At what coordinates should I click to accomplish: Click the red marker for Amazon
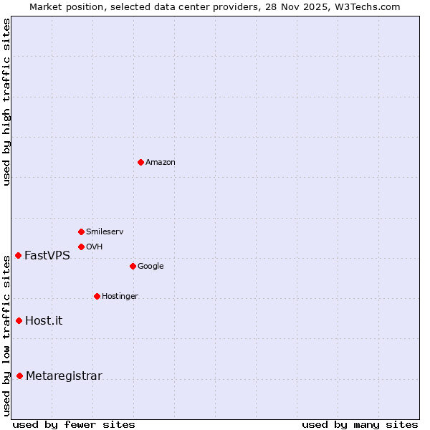click(x=140, y=162)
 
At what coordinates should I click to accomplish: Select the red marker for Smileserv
click(x=81, y=231)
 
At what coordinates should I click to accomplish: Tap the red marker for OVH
click(x=81, y=247)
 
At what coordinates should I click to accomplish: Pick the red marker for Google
click(x=133, y=266)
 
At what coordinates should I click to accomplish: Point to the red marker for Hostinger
click(x=97, y=296)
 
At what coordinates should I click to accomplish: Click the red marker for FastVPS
click(x=18, y=255)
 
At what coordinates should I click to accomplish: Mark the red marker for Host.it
click(x=19, y=320)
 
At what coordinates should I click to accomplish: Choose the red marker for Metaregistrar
click(x=19, y=376)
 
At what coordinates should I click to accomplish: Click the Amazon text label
click(x=161, y=162)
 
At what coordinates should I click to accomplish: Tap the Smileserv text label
click(x=105, y=231)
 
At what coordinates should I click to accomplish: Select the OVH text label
click(x=95, y=247)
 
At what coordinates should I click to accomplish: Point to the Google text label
click(x=150, y=266)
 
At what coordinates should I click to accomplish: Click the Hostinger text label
click(x=120, y=296)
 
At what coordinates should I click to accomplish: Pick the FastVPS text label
click(x=47, y=255)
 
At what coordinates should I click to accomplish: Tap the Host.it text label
click(x=44, y=320)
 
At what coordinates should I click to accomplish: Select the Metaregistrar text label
click(x=64, y=376)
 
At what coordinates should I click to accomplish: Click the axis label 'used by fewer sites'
click(x=74, y=424)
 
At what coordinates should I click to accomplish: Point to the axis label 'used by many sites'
click(x=360, y=424)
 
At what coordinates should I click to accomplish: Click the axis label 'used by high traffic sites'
click(x=7, y=102)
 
